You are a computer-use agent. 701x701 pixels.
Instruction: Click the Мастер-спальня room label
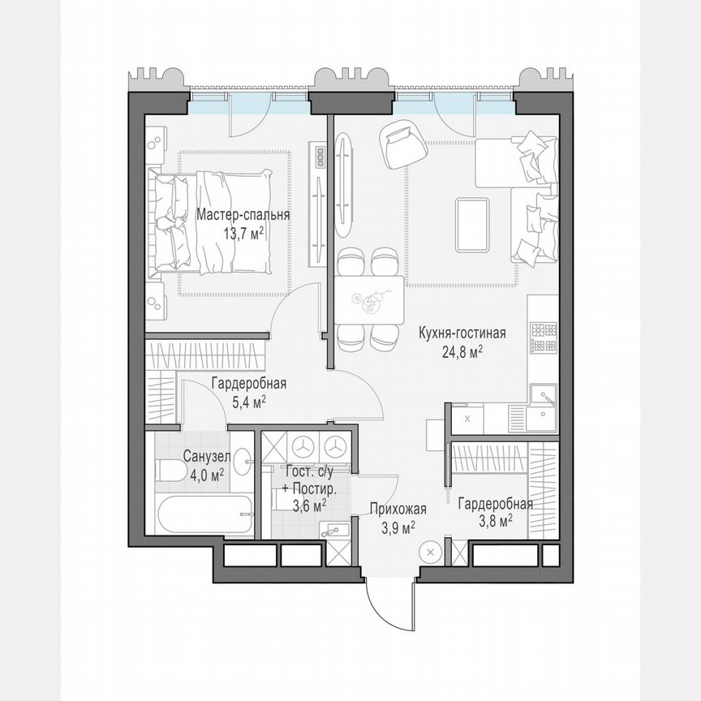click(x=243, y=216)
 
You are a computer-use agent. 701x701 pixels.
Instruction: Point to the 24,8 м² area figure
click(x=462, y=351)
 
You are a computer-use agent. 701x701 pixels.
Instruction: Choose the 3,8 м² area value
click(x=494, y=522)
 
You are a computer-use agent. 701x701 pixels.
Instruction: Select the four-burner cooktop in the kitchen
click(x=544, y=338)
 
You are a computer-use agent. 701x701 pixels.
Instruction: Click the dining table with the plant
click(x=370, y=300)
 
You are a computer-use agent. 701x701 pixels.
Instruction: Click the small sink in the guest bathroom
click(x=335, y=530)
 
